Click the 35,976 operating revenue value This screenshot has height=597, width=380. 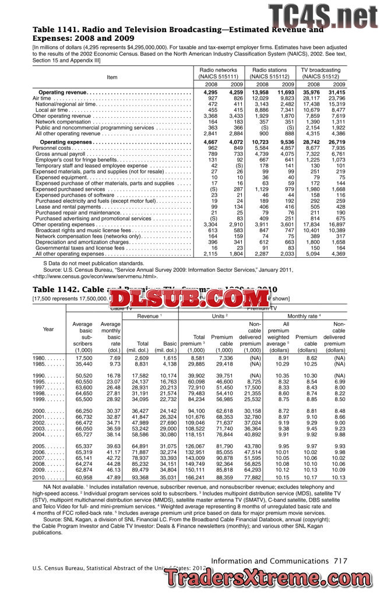tap(311, 92)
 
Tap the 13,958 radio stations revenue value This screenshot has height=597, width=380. tap(260, 92)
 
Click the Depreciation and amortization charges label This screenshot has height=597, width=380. tap(82, 241)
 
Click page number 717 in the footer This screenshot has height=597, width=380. tap(340, 560)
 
